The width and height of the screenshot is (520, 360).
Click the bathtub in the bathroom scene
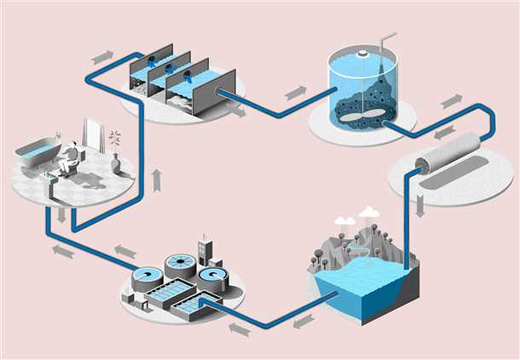click(38, 157)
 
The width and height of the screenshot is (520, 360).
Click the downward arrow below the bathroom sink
click(61, 215)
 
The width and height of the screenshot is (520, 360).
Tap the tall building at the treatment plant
click(205, 251)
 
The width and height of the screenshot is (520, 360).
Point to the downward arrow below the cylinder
click(420, 206)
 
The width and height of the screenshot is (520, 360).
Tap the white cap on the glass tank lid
click(363, 54)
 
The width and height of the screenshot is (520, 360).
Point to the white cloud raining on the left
click(344, 221)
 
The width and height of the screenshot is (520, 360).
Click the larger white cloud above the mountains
click(368, 212)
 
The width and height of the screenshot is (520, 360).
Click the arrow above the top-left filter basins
click(102, 57)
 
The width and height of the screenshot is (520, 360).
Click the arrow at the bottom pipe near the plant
click(240, 328)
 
